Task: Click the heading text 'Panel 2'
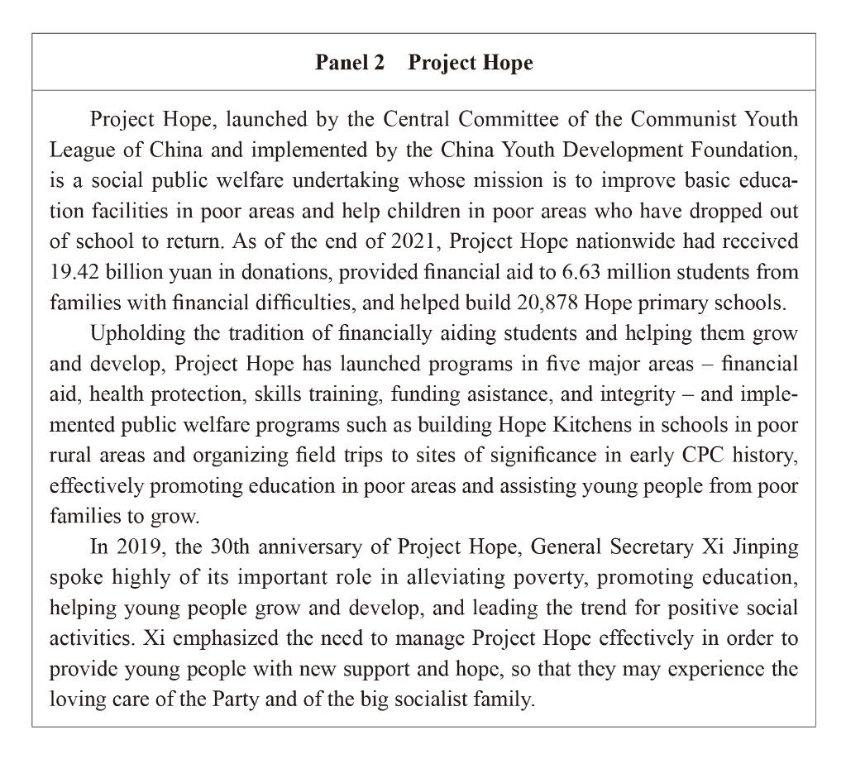point(350,63)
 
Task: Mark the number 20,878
point(547,303)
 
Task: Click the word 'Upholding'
point(130,333)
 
